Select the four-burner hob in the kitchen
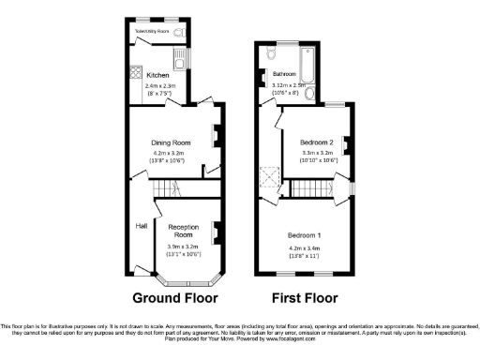click(x=136, y=73)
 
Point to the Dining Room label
click(x=172, y=142)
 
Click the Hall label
click(x=141, y=226)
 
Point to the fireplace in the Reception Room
click(x=215, y=230)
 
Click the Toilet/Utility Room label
click(x=151, y=31)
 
